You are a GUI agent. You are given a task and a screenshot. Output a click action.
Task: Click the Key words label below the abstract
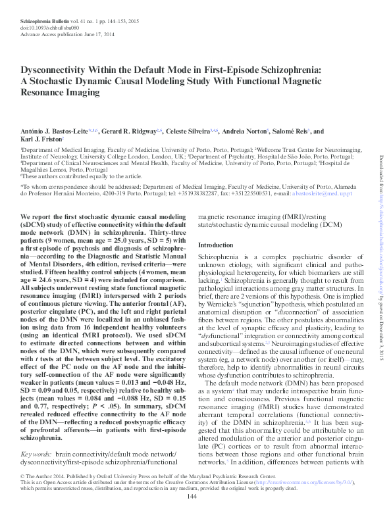coord(38,437)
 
